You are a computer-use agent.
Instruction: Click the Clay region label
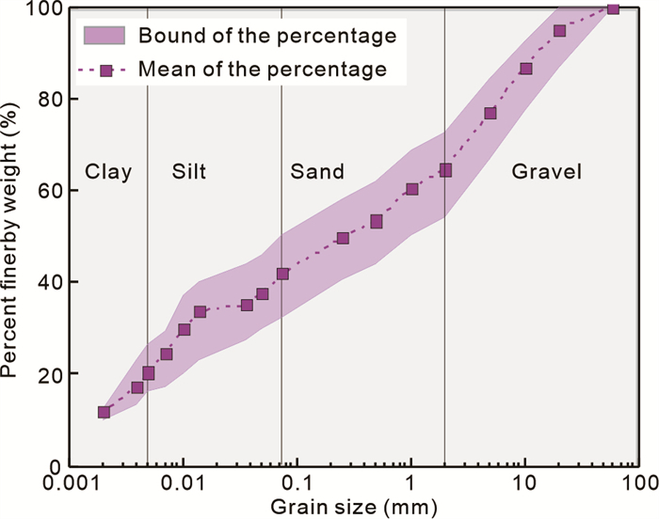(108, 172)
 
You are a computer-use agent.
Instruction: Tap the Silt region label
(189, 172)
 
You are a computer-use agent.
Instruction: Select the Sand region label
(317, 172)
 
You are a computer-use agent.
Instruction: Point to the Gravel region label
(547, 172)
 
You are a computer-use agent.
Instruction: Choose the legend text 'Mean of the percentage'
(262, 69)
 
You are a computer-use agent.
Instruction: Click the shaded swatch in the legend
(105, 37)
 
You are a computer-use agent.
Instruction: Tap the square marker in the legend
(106, 70)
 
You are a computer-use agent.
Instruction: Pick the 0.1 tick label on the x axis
(297, 485)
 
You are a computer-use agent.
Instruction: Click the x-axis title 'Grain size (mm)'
(354, 507)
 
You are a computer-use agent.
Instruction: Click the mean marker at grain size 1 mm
(411, 189)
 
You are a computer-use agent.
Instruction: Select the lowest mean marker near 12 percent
(104, 412)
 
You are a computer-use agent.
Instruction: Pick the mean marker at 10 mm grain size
(525, 69)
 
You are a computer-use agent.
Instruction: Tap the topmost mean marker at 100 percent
(613, 8)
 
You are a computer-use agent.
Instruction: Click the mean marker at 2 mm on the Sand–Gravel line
(445, 170)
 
